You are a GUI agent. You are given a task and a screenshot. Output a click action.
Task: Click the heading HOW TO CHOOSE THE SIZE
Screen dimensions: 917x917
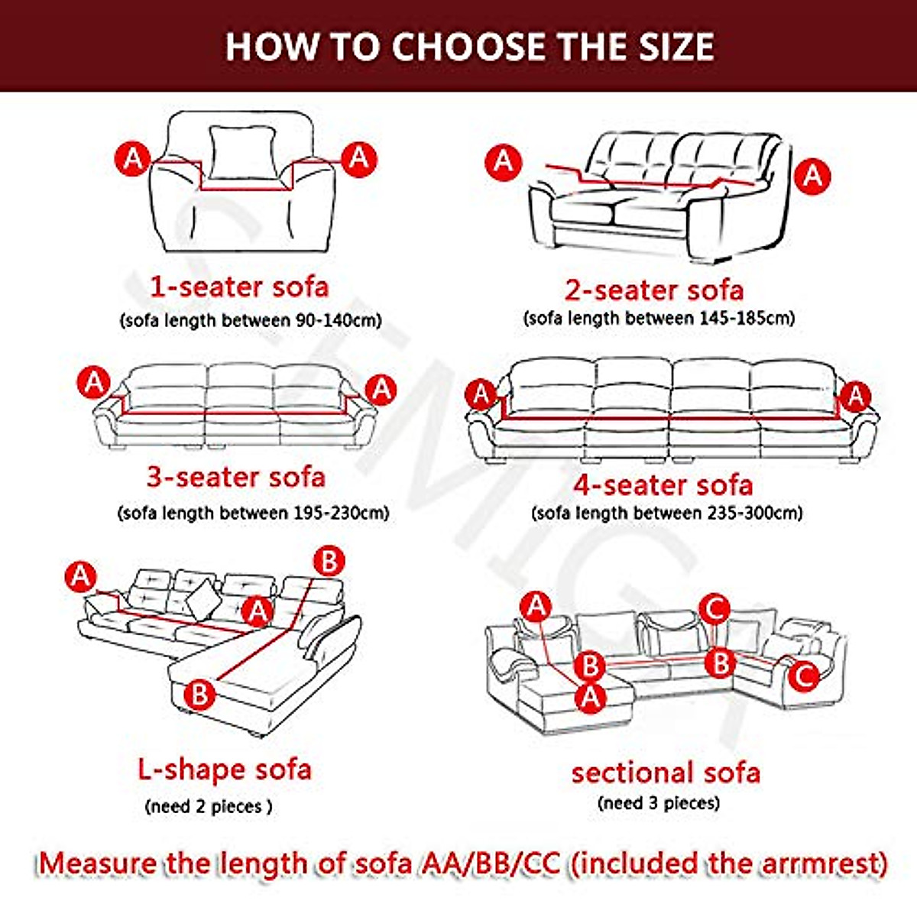(x=469, y=46)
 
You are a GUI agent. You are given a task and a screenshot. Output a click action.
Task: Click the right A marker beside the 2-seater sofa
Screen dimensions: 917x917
(x=812, y=177)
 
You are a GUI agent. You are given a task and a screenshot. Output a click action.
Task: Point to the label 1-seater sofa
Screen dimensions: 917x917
(x=239, y=287)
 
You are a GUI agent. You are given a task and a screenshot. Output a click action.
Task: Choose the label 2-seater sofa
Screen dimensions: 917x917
(x=654, y=290)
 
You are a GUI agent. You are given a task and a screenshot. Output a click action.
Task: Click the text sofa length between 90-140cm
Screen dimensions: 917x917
(x=251, y=320)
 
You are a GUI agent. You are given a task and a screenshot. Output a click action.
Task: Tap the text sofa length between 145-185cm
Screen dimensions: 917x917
(x=659, y=318)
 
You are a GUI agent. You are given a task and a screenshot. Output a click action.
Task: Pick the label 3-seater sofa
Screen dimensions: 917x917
(x=236, y=477)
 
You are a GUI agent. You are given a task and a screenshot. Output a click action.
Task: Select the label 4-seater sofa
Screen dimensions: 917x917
(x=663, y=484)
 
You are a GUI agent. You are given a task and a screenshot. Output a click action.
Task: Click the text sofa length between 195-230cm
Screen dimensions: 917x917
(x=253, y=512)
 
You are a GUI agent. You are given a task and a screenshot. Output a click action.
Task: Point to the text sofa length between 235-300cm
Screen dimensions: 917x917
(x=667, y=513)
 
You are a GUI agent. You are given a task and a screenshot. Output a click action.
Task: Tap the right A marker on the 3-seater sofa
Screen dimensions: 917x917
(x=381, y=390)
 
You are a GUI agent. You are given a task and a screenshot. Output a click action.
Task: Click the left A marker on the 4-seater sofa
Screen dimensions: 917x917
(x=481, y=395)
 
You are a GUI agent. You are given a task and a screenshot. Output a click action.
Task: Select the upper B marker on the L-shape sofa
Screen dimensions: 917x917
(x=329, y=562)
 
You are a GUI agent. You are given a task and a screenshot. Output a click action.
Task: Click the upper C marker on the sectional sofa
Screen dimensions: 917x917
(x=714, y=610)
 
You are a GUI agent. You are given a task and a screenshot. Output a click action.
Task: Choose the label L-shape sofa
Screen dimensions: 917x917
(x=225, y=769)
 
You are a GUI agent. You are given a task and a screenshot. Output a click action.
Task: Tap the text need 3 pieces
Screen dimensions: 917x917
(x=659, y=803)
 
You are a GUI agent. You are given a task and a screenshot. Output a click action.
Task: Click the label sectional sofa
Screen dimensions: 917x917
(x=666, y=773)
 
